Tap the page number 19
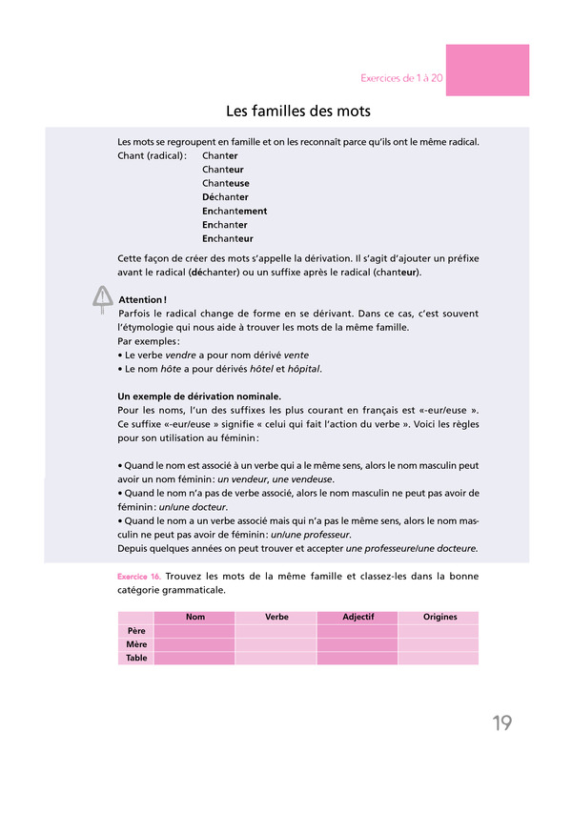[502, 723]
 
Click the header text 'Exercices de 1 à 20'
[401, 77]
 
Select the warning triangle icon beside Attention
[102, 299]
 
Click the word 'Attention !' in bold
[143, 300]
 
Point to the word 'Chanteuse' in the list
[226, 183]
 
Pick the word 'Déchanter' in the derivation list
[225, 197]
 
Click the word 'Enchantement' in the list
[235, 211]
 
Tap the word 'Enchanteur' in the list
[228, 238]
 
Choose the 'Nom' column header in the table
[194, 617]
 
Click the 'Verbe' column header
[276, 617]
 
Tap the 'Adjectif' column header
[357, 617]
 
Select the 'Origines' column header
[439, 617]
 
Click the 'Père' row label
[136, 631]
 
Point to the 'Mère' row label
[136, 644]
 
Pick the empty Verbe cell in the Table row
[276, 658]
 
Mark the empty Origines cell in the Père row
[439, 631]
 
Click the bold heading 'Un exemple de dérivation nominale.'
[198, 396]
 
